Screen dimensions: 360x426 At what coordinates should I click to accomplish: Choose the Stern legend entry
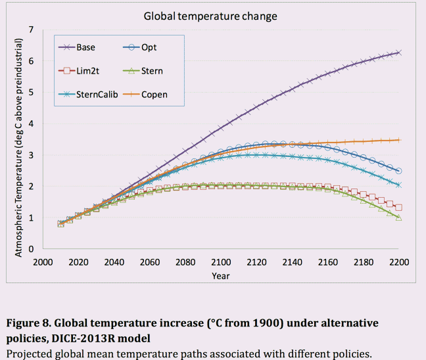pyautogui.click(x=151, y=71)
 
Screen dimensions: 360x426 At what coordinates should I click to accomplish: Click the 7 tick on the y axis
pyautogui.click(x=31, y=30)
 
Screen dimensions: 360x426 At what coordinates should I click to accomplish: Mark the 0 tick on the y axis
pyautogui.click(x=31, y=249)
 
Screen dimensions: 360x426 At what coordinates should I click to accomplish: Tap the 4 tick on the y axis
pyautogui.click(x=31, y=124)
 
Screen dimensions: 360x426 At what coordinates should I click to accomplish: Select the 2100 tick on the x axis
pyautogui.click(x=221, y=261)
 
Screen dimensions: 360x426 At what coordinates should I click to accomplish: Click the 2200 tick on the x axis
pyautogui.click(x=399, y=261)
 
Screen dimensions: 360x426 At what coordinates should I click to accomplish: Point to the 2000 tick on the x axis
pyautogui.click(x=43, y=261)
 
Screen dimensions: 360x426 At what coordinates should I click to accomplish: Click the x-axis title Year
pyautogui.click(x=221, y=275)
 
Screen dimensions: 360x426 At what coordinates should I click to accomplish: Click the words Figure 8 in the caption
pyautogui.click(x=30, y=323)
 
